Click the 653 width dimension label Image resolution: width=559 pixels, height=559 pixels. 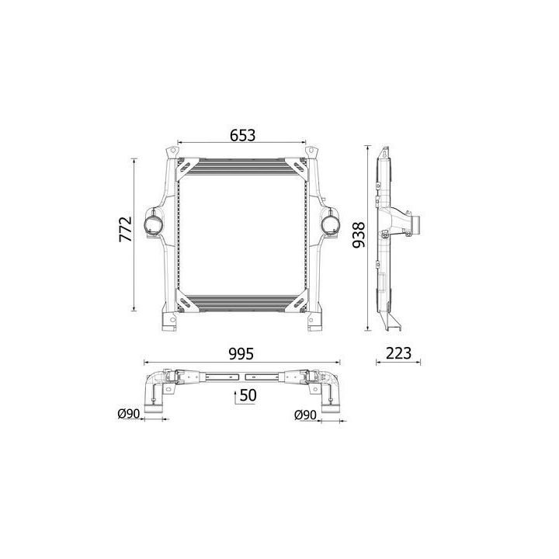point(242,135)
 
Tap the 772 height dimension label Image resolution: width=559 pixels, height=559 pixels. point(126,229)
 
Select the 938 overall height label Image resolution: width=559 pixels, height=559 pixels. point(359,235)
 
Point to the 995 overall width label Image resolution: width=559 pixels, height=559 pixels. point(241,354)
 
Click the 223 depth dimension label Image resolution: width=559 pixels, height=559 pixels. point(398,353)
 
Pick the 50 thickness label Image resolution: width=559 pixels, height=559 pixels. point(248,395)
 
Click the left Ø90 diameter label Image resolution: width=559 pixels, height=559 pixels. point(128,414)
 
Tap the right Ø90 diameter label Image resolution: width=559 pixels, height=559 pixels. point(305,415)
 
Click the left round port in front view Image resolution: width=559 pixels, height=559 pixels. point(153,224)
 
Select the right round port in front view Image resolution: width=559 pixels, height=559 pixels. point(330,224)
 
